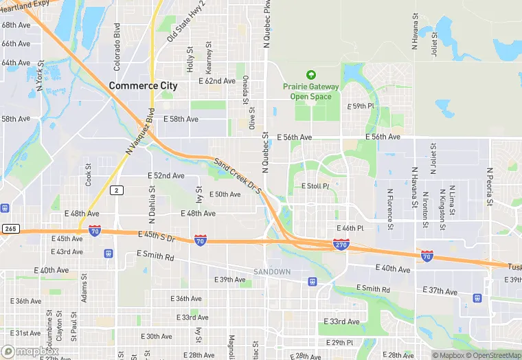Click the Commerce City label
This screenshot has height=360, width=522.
pyautogui.click(x=143, y=86)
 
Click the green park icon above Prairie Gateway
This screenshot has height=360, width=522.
pyautogui.click(x=310, y=75)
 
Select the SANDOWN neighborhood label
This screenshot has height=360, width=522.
pyautogui.click(x=272, y=272)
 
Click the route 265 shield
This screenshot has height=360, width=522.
pyautogui.click(x=9, y=229)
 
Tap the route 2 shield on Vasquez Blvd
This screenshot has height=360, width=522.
pyautogui.click(x=118, y=190)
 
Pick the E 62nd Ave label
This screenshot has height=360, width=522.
pyautogui.click(x=216, y=81)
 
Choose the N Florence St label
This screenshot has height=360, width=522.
pyautogui.click(x=389, y=209)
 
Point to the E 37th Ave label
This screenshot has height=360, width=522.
pyautogui.click(x=440, y=291)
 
